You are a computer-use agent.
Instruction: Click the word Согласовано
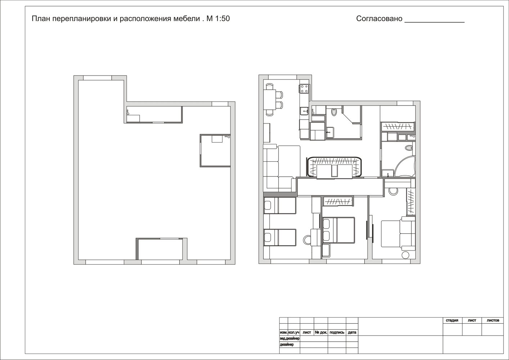pos(379,18)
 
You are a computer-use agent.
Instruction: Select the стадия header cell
pos(452,320)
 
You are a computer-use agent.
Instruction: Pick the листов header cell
pos(493,320)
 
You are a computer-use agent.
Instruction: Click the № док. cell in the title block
pos(321,332)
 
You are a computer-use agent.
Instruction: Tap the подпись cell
pos(337,332)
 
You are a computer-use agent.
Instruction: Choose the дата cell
pos(352,332)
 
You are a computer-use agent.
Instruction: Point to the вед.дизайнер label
pos(290,338)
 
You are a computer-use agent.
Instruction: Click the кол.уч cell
pos(294,332)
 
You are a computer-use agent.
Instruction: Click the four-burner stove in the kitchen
pos(304,89)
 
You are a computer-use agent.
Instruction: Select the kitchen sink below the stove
pos(304,111)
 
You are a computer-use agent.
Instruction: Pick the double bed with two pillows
pos(339,230)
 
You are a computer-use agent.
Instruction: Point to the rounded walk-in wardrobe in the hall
pos(334,167)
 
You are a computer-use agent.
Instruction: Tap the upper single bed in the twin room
pos(280,206)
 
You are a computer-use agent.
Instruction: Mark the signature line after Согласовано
pos(434,22)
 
